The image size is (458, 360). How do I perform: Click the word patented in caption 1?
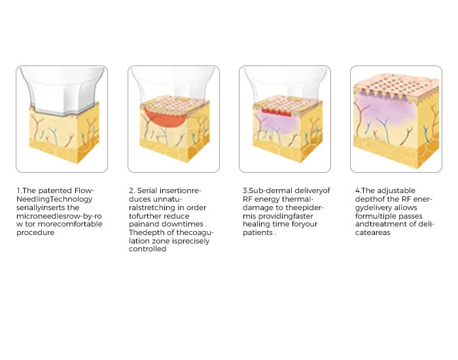pyautogui.click(x=55, y=191)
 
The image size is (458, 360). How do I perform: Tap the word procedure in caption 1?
pyautogui.click(x=35, y=233)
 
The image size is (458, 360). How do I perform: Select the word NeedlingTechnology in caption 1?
pyautogui.click(x=54, y=199)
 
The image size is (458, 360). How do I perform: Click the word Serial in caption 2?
pyautogui.click(x=147, y=191)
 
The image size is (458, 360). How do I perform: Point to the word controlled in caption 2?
pyautogui.click(x=147, y=249)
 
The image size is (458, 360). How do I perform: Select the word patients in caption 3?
pyautogui.click(x=258, y=233)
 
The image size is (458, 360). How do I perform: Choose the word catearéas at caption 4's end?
pyautogui.click(x=373, y=233)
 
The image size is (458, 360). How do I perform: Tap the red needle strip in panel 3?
pyautogui.click(x=276, y=112)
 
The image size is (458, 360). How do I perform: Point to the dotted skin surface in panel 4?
pyautogui.click(x=396, y=84)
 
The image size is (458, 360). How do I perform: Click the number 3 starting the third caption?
pyautogui.click(x=245, y=191)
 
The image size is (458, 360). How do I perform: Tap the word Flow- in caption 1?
pyautogui.click(x=84, y=191)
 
